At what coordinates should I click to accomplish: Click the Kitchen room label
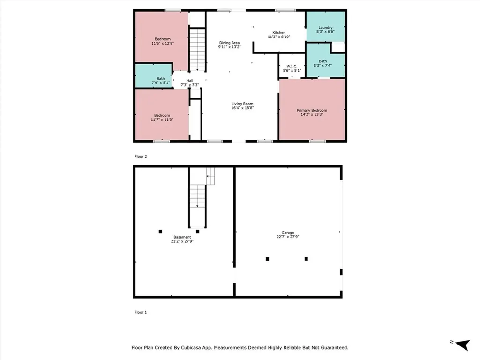coord(279,32)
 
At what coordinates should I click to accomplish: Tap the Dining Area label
coord(230,43)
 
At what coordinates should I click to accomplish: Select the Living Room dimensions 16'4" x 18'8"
coord(242,108)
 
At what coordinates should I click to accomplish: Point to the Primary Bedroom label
coord(312,110)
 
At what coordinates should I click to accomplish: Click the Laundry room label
coord(325,28)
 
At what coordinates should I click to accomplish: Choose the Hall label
coord(190,81)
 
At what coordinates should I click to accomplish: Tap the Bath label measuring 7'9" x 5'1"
coord(161,78)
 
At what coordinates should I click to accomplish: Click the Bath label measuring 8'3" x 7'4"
coord(323,61)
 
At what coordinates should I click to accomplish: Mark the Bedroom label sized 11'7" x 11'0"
coord(163,115)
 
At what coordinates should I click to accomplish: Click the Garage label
coord(287,232)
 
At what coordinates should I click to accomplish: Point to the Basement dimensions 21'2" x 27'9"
coord(182,242)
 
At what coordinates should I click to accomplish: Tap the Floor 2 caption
coord(141,156)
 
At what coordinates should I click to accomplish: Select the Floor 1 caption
coord(141,312)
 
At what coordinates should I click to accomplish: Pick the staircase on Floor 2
coord(197,49)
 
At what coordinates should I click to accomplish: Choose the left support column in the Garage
coord(268,259)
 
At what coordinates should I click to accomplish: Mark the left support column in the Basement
coord(160,231)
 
